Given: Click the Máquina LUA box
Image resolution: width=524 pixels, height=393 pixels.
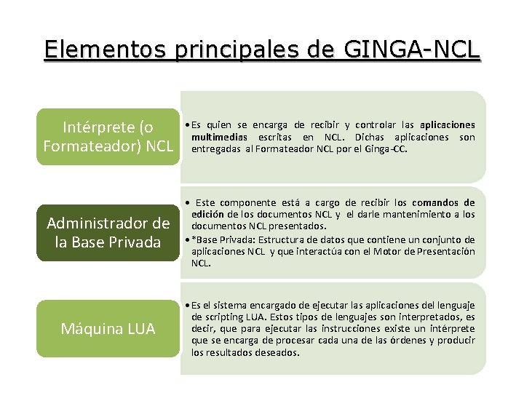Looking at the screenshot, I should point(107,329).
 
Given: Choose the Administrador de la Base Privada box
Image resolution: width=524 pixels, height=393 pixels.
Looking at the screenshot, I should point(107,232).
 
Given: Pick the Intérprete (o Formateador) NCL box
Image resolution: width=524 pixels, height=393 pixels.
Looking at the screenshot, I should point(107,136).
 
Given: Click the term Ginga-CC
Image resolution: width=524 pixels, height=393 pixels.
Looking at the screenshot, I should point(389,149).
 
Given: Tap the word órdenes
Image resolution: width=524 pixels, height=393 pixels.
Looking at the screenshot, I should point(397,341).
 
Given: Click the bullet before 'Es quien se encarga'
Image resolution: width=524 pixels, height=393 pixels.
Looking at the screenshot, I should point(187,125).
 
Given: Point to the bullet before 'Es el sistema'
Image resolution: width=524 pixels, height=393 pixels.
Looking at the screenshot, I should point(187,306).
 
